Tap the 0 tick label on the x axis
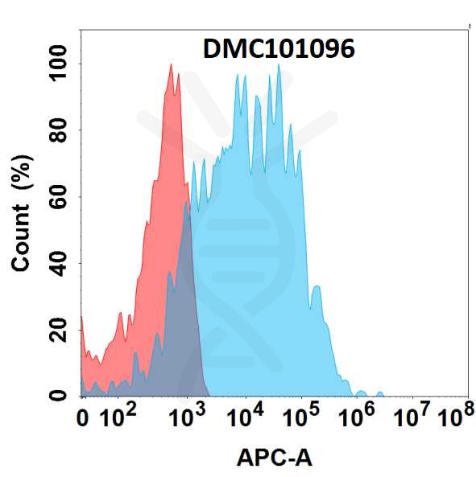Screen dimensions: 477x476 point(83,419)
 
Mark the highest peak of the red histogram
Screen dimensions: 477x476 point(171,65)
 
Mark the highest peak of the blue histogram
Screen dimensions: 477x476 point(279,65)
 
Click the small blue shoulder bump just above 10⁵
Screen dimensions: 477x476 point(317,287)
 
